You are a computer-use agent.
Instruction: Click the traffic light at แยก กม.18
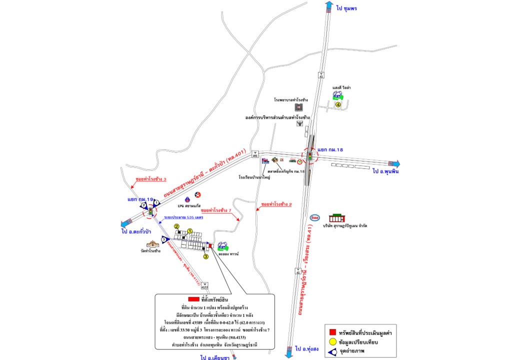309,156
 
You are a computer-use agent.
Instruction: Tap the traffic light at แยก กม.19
150,211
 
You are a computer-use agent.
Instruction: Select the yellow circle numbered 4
338,104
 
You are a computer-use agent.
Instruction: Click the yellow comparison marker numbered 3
205,256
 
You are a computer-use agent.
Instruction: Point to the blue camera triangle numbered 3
164,240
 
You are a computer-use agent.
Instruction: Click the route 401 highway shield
254,154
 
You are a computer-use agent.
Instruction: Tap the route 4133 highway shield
204,286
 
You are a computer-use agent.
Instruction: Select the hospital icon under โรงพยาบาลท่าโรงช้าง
298,107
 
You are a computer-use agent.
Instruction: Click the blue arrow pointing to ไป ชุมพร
328,6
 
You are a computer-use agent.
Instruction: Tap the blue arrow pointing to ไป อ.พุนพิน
395,163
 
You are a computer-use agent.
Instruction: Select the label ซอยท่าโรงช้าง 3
150,179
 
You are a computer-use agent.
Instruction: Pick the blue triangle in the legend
332,352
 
